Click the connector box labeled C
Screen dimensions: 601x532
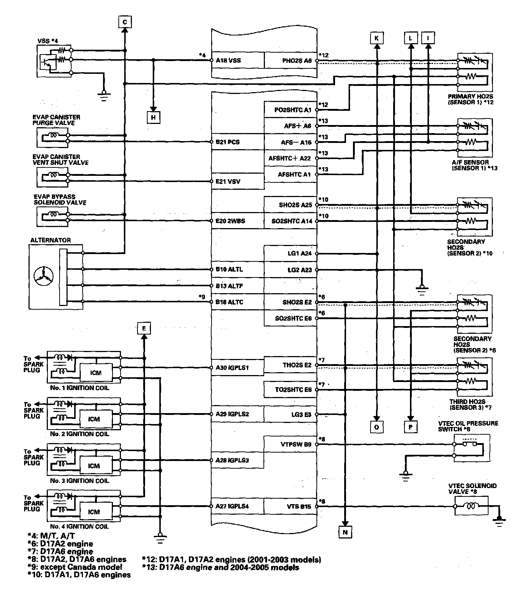(125, 22)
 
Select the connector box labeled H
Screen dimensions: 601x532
(153, 117)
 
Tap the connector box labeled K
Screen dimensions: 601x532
(377, 38)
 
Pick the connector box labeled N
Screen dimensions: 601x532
(345, 532)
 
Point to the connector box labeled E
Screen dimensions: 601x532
(144, 328)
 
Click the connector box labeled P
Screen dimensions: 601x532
(411, 427)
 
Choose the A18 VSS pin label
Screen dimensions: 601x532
(228, 60)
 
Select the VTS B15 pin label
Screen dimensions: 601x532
(299, 506)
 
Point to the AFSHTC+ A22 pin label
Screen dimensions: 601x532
(289, 158)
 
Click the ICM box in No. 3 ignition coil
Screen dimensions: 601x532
(94, 466)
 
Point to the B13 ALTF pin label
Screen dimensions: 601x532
(229, 286)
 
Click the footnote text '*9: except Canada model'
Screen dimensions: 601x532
(75, 567)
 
